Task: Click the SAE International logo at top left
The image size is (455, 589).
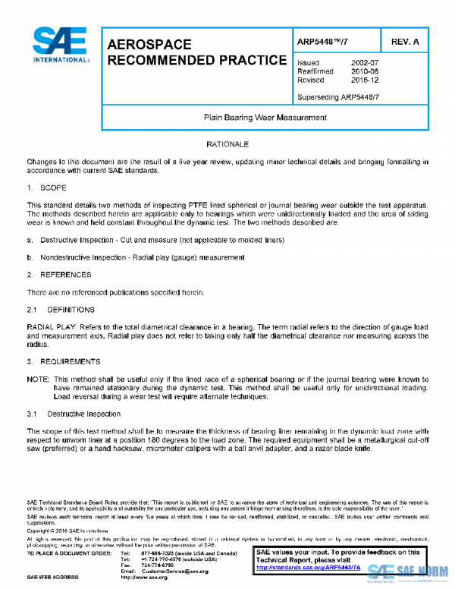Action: tap(60, 46)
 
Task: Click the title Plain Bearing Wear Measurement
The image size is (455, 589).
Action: tap(265, 118)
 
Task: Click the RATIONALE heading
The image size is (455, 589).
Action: tap(227, 143)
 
